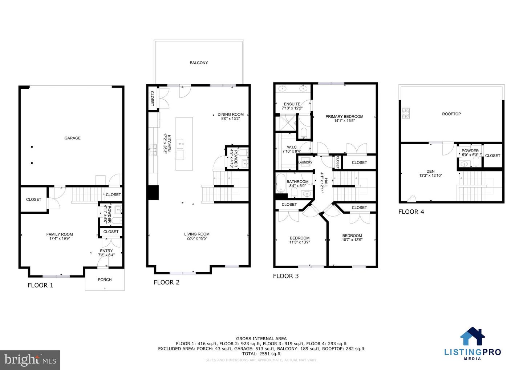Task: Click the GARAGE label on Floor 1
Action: (x=72, y=138)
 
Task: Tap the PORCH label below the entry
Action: (x=105, y=280)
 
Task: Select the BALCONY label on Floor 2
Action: (x=199, y=63)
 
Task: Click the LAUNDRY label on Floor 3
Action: (x=305, y=162)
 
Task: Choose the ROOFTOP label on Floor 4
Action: (x=451, y=114)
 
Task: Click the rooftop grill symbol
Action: (x=405, y=113)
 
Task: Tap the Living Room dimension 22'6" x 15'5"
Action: (x=196, y=238)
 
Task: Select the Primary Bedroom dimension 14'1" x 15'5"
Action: (x=344, y=121)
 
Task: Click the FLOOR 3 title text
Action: (x=285, y=276)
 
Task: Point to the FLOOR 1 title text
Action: (x=40, y=285)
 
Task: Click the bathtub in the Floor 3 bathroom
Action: (x=280, y=182)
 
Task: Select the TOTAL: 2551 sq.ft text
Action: (x=261, y=354)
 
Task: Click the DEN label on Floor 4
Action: (x=430, y=171)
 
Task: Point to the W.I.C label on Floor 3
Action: (x=292, y=147)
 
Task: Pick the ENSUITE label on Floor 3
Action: (x=292, y=104)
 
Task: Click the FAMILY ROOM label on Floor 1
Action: (x=60, y=234)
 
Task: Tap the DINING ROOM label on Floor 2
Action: (x=231, y=114)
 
